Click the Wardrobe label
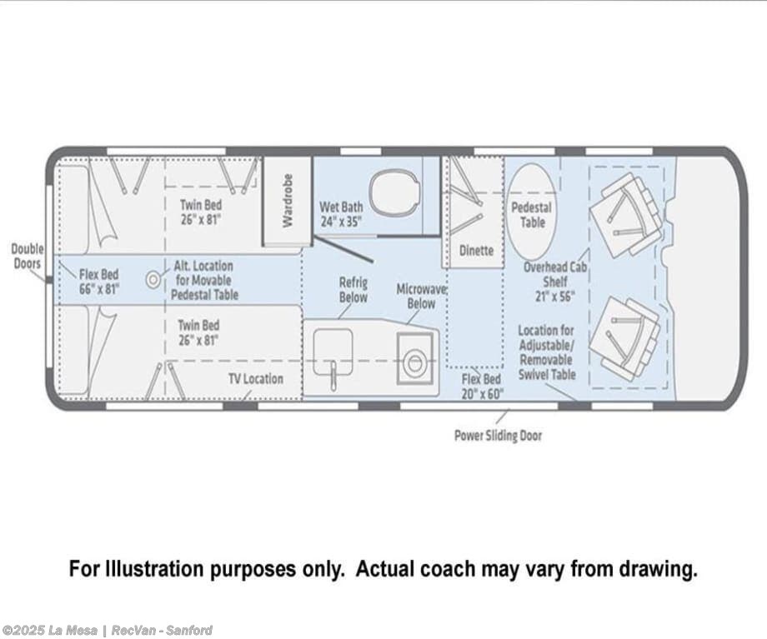tap(288, 201)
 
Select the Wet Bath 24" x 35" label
tap(341, 214)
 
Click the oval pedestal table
tap(531, 212)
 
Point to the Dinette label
tap(476, 250)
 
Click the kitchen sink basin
tap(333, 352)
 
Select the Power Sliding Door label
tap(498, 435)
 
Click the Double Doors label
tap(28, 257)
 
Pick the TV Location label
tap(256, 379)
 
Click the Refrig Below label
tap(353, 290)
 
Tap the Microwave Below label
tap(421, 296)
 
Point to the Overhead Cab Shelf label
tap(555, 282)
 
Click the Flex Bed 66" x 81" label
tap(99, 282)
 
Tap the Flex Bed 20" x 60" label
tap(482, 387)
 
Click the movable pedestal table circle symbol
tap(153, 280)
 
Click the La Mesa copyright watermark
tap(107, 630)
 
